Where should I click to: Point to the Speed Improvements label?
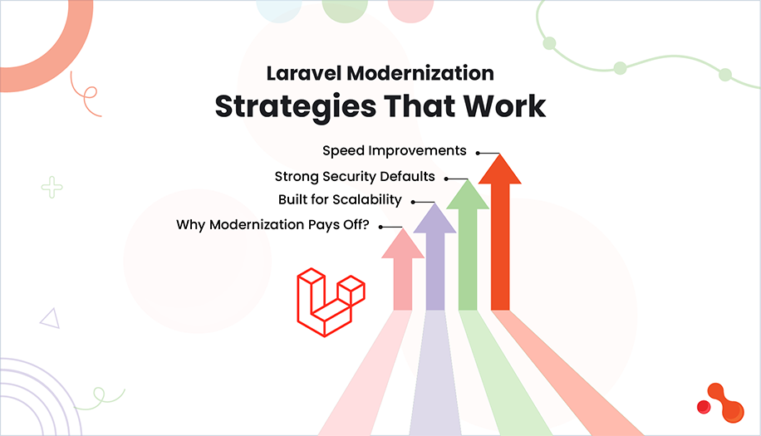[395, 151]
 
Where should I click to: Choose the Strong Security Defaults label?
[355, 176]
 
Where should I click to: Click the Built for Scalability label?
[340, 200]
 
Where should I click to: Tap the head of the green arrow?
[467, 195]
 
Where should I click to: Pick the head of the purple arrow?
[435, 218]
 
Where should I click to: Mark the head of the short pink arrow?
[403, 243]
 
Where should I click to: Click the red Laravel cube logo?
[331, 301]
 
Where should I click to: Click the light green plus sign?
[52, 187]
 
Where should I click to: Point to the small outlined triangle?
[49, 317]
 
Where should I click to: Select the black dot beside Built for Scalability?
[413, 201]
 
